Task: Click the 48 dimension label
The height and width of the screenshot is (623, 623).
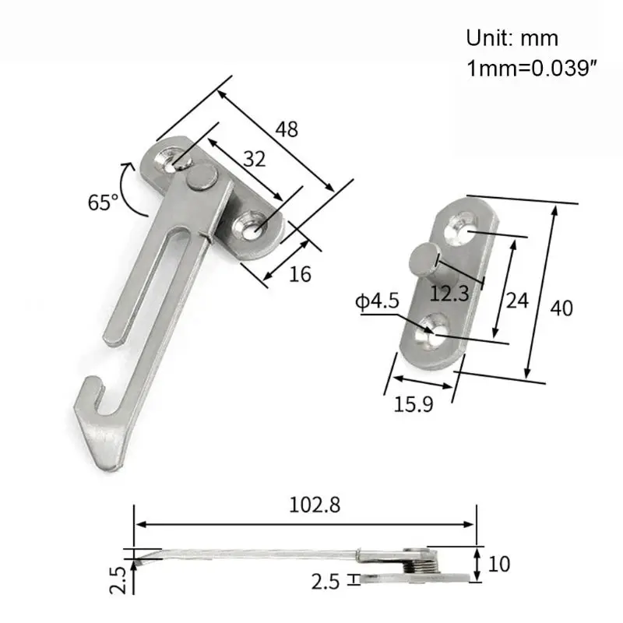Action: click(x=287, y=129)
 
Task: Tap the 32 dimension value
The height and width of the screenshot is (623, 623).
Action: click(x=254, y=160)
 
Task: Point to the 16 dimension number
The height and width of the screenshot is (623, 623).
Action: click(x=300, y=274)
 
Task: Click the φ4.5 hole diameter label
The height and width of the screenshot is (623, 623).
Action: click(x=376, y=300)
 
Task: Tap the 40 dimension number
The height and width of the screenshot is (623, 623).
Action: click(x=561, y=308)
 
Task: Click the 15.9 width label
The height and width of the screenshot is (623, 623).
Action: click(x=414, y=403)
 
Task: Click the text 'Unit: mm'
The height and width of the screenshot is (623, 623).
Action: click(x=512, y=37)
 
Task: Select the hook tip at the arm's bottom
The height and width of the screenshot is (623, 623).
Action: click(x=91, y=386)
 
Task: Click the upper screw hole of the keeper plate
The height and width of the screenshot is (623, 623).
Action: click(x=460, y=231)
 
